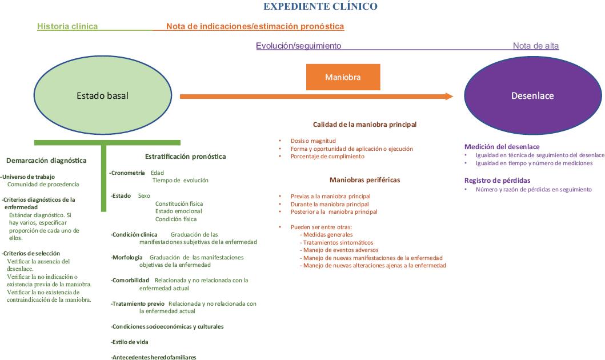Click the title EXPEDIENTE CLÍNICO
coord(319,7)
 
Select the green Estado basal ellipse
coord(102,95)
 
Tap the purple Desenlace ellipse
coord(532,95)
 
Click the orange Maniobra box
coord(343,77)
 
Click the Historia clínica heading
coord(67,26)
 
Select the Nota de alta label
coord(535,46)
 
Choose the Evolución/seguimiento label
coord(298,46)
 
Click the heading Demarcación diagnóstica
coord(47,161)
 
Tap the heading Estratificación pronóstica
coord(186,157)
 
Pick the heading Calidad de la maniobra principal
coord(364,124)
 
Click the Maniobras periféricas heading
coord(364,180)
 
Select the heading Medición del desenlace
coord(502,147)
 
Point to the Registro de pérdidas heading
coord(498,181)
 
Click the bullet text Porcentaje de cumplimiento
coord(327,157)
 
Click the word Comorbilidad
coord(131,280)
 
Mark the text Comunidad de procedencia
coord(43,185)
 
